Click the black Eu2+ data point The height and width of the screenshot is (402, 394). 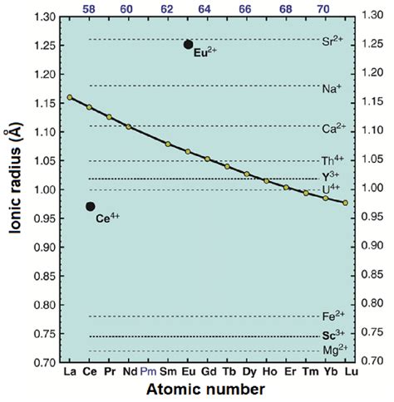point(188,45)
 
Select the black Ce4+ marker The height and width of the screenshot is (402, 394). point(90,206)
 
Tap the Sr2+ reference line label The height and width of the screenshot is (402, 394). point(332,40)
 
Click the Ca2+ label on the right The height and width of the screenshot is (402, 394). point(332,128)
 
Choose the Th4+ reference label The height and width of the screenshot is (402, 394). point(332,160)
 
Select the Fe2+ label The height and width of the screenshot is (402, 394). point(332,316)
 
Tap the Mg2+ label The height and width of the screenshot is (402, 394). point(332,350)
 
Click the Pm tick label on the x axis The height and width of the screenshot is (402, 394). point(148,373)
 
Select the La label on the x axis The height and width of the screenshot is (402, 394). point(69,373)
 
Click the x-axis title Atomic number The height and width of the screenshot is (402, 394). point(207,390)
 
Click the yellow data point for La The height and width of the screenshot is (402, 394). point(69,97)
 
